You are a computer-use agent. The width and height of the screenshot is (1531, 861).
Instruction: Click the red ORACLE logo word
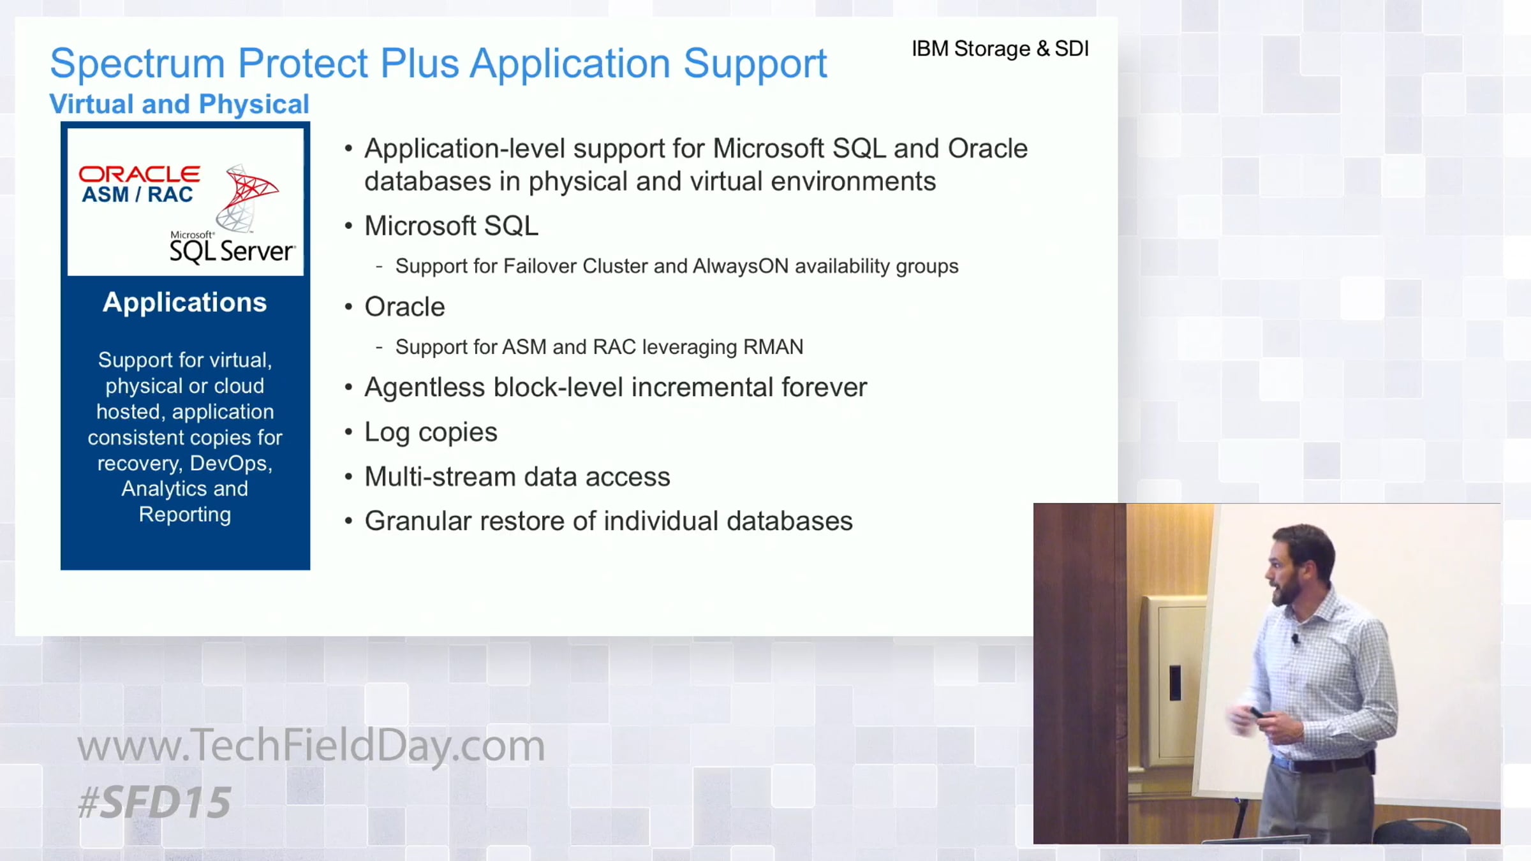(x=139, y=173)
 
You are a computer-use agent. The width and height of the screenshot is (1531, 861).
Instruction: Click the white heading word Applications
(x=184, y=303)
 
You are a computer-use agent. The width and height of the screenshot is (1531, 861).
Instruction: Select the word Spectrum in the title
(x=137, y=64)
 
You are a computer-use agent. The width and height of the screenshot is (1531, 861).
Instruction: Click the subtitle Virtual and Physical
(x=179, y=104)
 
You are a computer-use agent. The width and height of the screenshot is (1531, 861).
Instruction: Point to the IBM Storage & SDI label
(x=1000, y=48)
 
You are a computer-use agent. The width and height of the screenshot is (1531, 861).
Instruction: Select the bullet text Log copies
(x=431, y=432)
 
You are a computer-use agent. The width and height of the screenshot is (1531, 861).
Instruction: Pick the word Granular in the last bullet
(x=418, y=521)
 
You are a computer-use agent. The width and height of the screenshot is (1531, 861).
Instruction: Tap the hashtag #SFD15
(x=154, y=802)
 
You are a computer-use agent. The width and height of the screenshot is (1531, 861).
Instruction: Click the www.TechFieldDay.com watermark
(x=311, y=745)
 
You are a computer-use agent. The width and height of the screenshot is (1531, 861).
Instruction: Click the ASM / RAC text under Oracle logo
(x=137, y=195)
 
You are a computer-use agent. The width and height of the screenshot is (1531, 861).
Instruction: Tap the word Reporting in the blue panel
(x=185, y=515)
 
